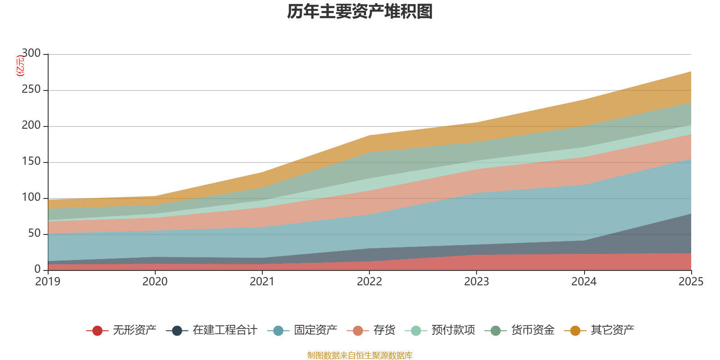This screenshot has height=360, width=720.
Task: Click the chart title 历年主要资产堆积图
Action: (x=360, y=12)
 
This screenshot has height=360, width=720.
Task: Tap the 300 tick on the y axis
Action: (x=31, y=54)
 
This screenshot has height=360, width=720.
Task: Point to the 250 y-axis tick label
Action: (x=31, y=90)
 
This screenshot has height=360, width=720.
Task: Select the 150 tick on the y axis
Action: (x=31, y=162)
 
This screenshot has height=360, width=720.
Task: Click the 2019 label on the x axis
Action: (x=48, y=282)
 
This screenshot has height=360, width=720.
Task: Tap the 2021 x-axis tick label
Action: (x=262, y=282)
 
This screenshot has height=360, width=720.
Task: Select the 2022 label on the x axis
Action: (x=369, y=282)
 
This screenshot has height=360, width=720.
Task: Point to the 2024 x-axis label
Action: (x=584, y=282)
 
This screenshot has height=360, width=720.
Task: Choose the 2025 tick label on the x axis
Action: (x=691, y=282)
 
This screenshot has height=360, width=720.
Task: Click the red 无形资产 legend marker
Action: (x=97, y=331)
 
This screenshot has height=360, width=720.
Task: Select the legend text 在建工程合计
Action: (x=225, y=330)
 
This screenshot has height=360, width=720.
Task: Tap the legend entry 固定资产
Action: (x=315, y=330)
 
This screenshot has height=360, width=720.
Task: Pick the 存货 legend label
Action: (x=384, y=330)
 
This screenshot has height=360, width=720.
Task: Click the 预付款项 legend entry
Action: (x=453, y=330)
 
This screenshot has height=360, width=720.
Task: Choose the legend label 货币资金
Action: (x=532, y=330)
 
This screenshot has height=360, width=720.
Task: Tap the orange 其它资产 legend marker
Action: (x=575, y=331)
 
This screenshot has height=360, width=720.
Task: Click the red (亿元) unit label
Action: (x=20, y=66)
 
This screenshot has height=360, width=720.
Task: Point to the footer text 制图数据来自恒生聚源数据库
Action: (x=360, y=355)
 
